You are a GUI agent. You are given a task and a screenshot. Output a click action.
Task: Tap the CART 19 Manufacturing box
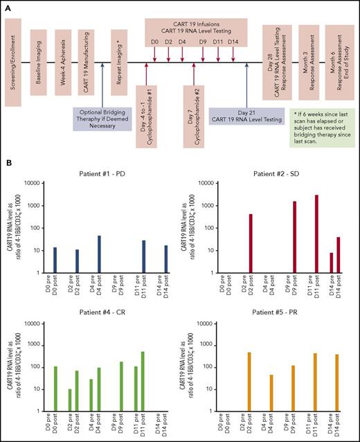(87, 63)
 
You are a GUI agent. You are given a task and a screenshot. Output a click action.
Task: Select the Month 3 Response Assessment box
(307, 63)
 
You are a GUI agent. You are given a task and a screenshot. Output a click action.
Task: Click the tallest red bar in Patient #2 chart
(316, 233)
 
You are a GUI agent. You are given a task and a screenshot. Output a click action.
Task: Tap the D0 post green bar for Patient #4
(55, 389)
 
